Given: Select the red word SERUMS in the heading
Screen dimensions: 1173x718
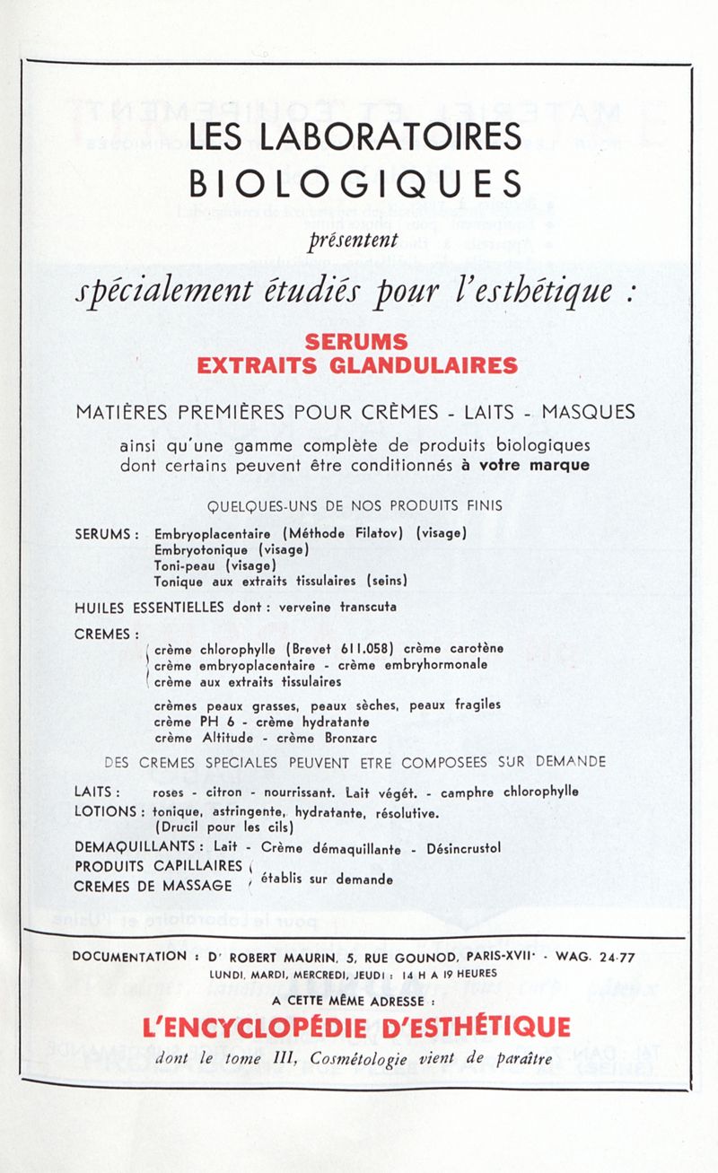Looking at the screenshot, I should [x=356, y=342].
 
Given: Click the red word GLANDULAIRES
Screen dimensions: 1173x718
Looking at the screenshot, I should [x=434, y=365].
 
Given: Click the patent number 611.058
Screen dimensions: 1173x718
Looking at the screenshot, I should [x=367, y=649].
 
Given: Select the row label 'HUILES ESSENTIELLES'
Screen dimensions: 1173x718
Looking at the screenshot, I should [x=149, y=608].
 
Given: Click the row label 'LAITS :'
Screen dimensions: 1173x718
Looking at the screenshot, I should [x=99, y=792].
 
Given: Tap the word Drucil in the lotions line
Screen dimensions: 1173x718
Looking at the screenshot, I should [x=181, y=827].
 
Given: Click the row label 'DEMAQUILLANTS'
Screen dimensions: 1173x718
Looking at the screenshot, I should [x=136, y=846].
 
